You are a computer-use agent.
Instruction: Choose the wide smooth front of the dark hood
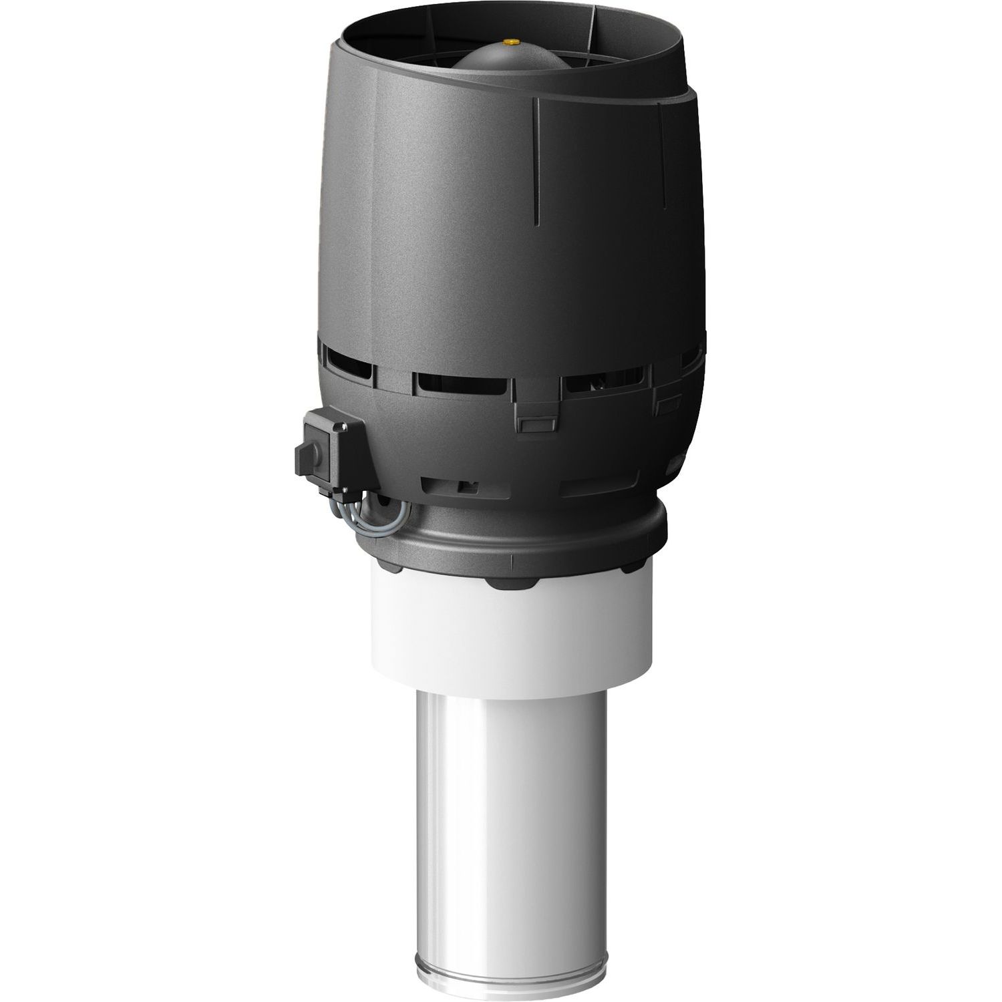(x=454, y=220)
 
